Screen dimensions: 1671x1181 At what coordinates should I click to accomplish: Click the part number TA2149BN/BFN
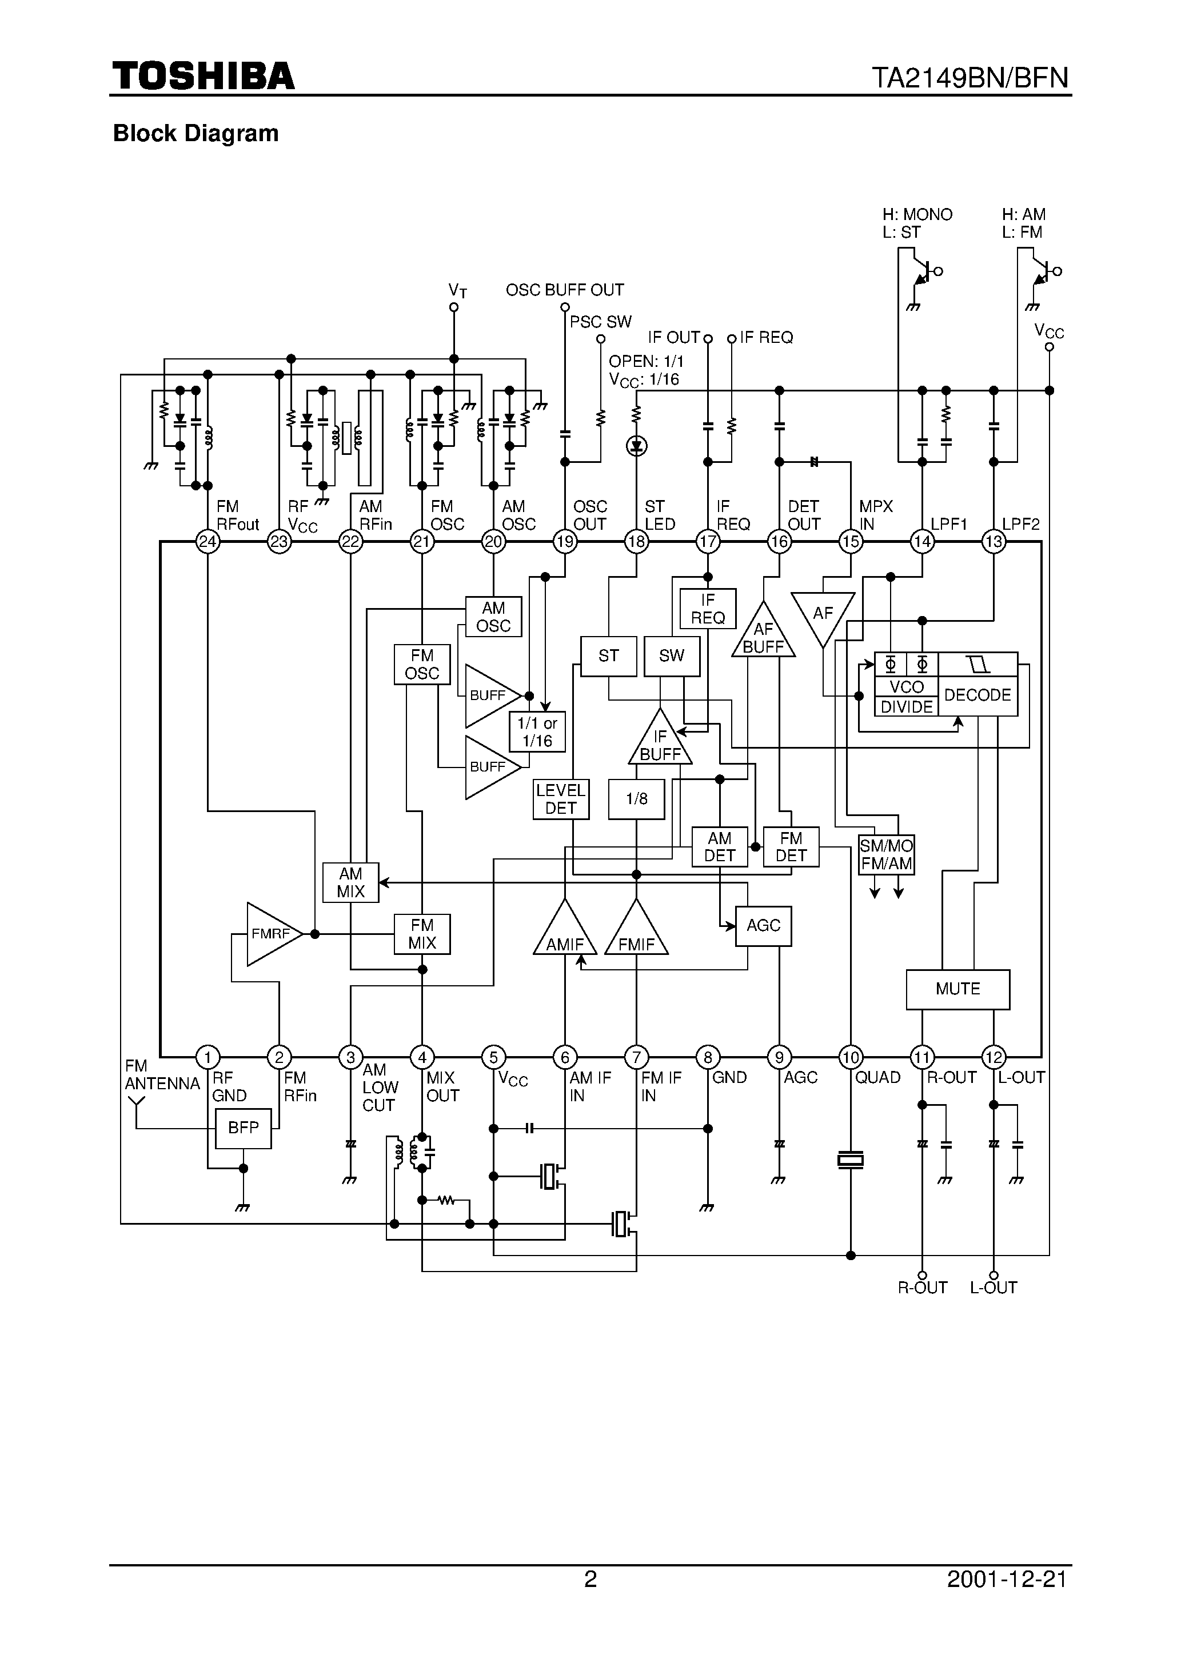tap(970, 77)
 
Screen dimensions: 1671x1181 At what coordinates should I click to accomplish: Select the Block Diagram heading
tap(196, 133)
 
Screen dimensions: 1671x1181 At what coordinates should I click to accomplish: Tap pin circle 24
tap(208, 541)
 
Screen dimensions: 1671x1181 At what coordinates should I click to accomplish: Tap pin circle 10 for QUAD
tap(851, 1057)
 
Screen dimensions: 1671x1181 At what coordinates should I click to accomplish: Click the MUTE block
tap(957, 989)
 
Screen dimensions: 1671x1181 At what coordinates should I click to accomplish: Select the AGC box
tap(763, 926)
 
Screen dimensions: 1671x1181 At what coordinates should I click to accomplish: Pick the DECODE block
tap(977, 695)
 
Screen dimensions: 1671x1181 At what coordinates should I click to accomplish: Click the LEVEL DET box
tap(561, 799)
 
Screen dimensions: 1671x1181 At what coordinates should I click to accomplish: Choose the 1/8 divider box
tap(636, 799)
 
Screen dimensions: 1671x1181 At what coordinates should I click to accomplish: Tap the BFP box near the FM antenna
tap(243, 1128)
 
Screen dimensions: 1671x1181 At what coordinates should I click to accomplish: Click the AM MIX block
tap(350, 882)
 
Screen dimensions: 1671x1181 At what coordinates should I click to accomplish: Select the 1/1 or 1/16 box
tap(537, 732)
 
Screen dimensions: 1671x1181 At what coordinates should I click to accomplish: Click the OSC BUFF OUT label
tap(564, 290)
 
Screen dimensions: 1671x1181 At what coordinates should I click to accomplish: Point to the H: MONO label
tap(917, 215)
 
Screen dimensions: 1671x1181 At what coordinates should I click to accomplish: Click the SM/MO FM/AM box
tap(886, 854)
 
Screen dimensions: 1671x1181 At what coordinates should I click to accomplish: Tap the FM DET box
tap(791, 847)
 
